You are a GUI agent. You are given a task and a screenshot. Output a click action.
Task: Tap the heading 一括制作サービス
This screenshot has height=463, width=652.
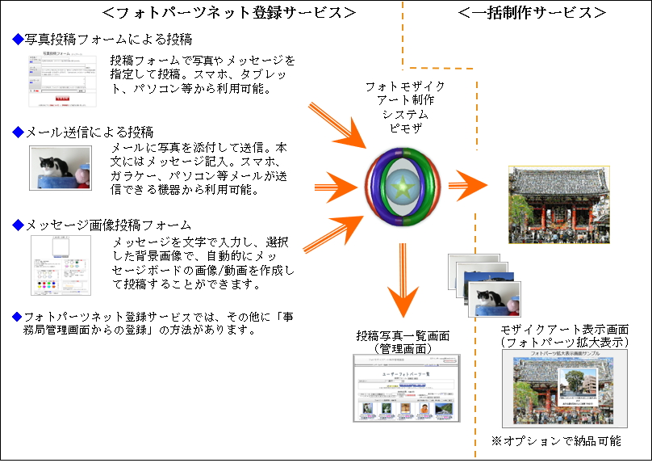532,12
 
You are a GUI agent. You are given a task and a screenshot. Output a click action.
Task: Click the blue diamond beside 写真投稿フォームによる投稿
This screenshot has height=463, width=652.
19,40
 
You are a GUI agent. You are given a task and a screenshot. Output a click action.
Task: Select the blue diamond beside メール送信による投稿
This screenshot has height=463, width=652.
19,132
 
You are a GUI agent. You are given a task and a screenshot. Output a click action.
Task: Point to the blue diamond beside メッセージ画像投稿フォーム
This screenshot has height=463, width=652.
19,225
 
